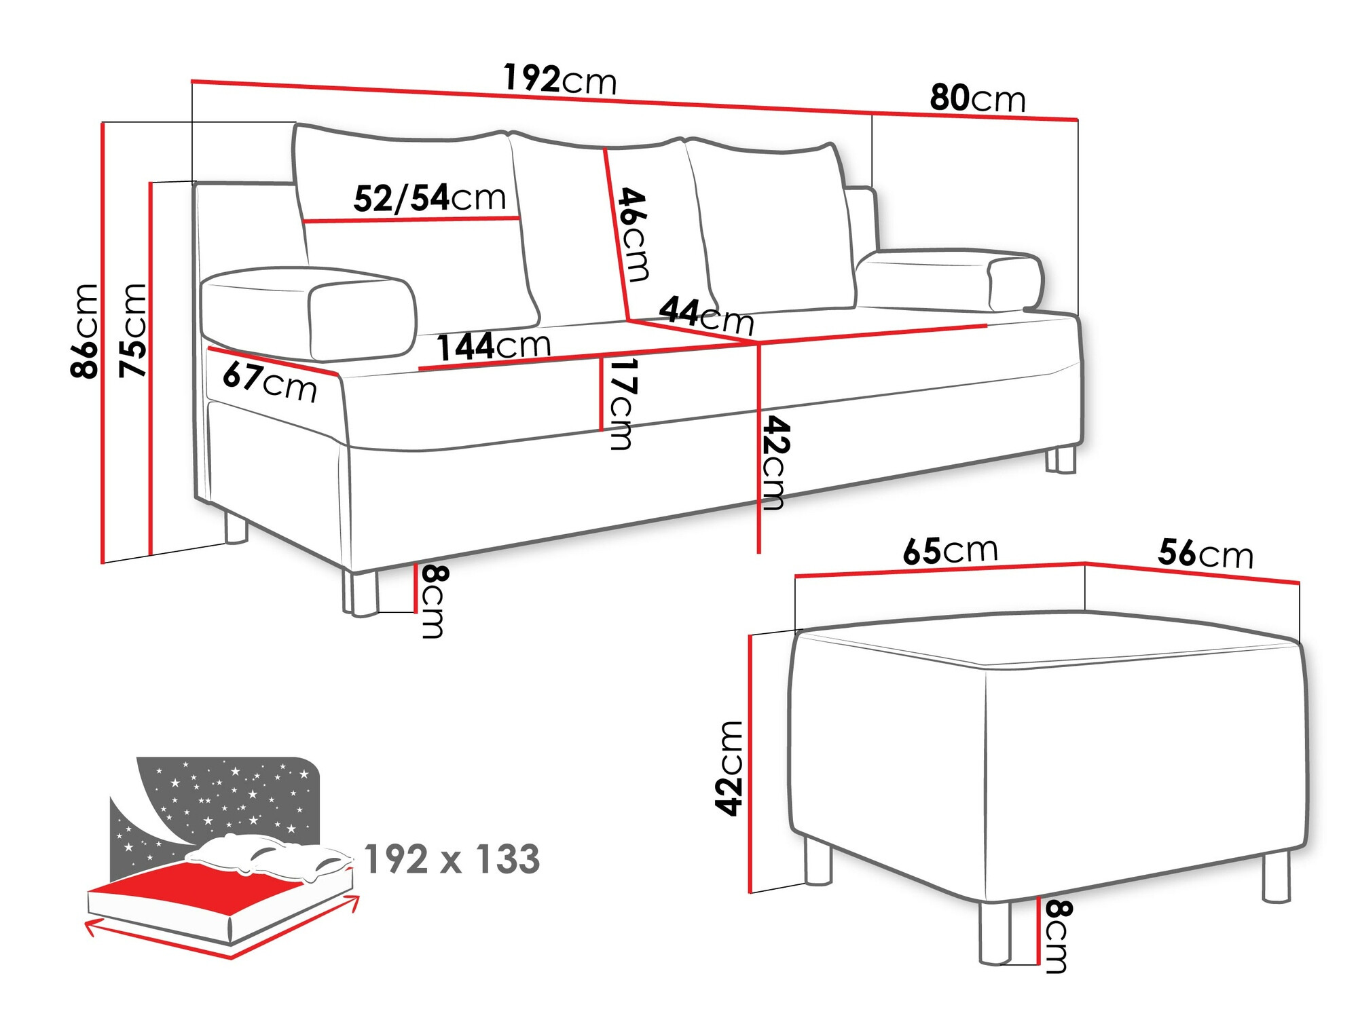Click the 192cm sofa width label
pos(559,79)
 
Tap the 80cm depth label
pos(977,99)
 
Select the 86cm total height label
pos(85,331)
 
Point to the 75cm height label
pos(133,331)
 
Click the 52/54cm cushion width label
pos(430,198)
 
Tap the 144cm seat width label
pos(493,346)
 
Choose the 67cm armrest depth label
pos(270,382)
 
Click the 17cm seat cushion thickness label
pos(622,403)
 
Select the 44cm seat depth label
pos(706,315)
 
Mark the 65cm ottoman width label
pos(950,551)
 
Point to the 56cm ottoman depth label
pos(1205,554)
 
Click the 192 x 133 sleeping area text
pos(452,859)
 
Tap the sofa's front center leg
pos(364,593)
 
